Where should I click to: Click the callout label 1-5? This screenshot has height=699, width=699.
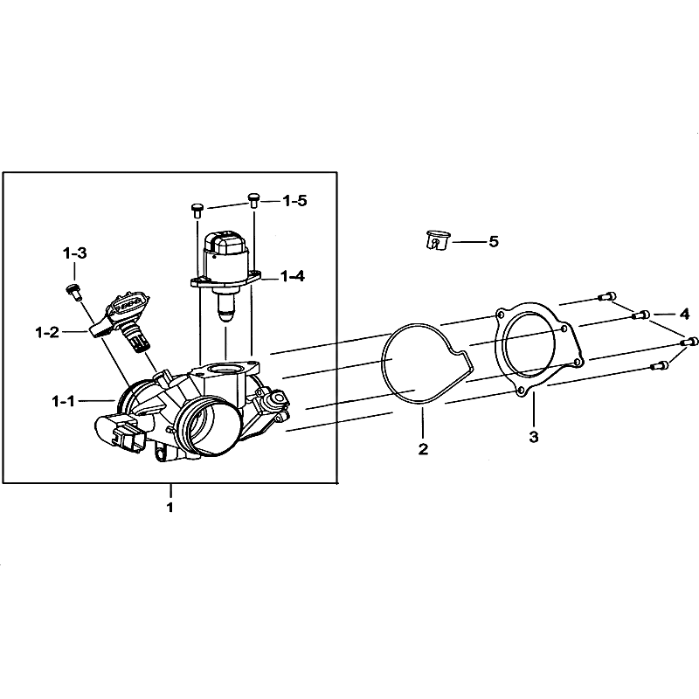(x=295, y=201)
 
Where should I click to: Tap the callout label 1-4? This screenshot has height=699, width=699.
(x=293, y=276)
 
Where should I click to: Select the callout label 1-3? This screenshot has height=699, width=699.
(x=75, y=253)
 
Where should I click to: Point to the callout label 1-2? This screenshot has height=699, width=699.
(x=47, y=332)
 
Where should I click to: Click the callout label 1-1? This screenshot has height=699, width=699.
(x=64, y=402)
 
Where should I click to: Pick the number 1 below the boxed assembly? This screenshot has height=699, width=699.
(x=170, y=508)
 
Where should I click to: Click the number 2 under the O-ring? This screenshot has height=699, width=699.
(x=423, y=449)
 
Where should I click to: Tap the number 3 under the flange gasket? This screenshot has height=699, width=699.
(x=534, y=437)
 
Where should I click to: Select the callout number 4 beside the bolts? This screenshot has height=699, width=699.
(x=685, y=314)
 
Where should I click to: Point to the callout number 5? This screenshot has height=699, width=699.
(x=494, y=242)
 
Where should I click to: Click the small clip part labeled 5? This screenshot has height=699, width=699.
(x=436, y=241)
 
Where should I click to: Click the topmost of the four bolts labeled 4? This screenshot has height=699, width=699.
(x=606, y=296)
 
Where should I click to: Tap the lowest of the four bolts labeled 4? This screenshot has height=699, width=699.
(x=661, y=366)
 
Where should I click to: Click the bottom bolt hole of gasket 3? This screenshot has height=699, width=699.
(x=520, y=391)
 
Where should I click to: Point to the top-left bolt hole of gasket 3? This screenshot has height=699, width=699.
(x=501, y=315)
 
